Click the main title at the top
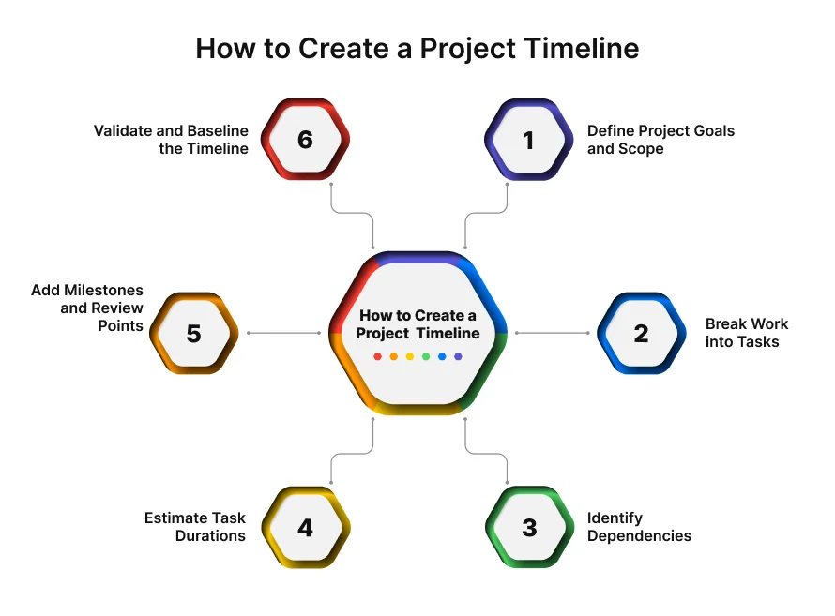417,49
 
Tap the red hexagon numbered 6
305,140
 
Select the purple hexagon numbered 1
529,140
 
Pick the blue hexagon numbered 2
641,333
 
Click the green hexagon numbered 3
529,527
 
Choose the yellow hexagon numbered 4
305,527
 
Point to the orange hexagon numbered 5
194,333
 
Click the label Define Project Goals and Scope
660,140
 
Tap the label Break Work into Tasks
747,333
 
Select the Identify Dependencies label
639,527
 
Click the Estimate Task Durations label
195,527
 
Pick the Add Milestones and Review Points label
88,308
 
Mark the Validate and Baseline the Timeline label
172,140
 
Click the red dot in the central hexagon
377,356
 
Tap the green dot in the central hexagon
426,356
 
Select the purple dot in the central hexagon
458,356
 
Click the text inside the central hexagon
417,324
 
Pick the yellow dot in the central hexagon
410,356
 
